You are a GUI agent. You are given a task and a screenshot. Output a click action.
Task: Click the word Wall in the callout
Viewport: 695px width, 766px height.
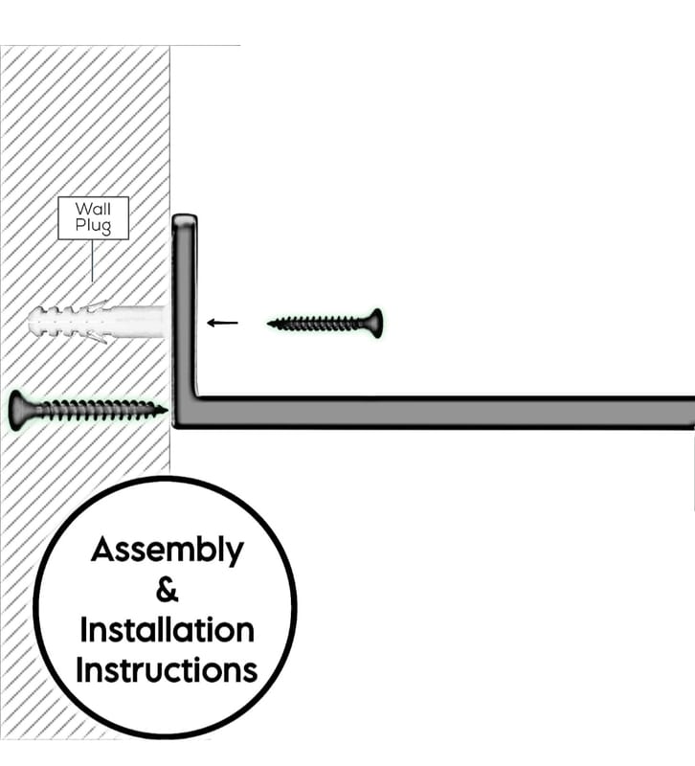pos(93,209)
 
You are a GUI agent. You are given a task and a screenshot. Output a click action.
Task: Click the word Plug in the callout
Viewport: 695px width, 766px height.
pos(93,226)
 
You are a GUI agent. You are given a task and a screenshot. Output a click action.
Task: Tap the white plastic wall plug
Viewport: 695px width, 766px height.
pos(98,322)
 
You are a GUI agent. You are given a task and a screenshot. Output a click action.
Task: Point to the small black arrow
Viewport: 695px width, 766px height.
pos(223,323)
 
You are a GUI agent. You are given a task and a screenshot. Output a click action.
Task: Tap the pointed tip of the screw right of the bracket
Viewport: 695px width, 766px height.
pos(269,324)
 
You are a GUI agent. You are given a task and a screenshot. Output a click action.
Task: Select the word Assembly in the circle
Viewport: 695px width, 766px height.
pos(167,551)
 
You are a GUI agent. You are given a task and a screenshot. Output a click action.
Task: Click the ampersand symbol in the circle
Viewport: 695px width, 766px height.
pos(167,590)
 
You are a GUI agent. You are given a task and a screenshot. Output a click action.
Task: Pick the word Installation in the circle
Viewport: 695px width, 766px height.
pos(167,630)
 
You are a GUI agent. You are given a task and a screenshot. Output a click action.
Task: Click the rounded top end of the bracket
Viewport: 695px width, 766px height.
pos(185,218)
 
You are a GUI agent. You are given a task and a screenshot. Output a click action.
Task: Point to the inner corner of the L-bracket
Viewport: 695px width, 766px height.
pos(197,396)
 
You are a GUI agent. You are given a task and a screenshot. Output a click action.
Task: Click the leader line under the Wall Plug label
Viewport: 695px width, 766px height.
pos(92,260)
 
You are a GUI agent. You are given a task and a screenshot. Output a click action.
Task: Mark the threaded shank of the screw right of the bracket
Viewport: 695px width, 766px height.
pos(318,324)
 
